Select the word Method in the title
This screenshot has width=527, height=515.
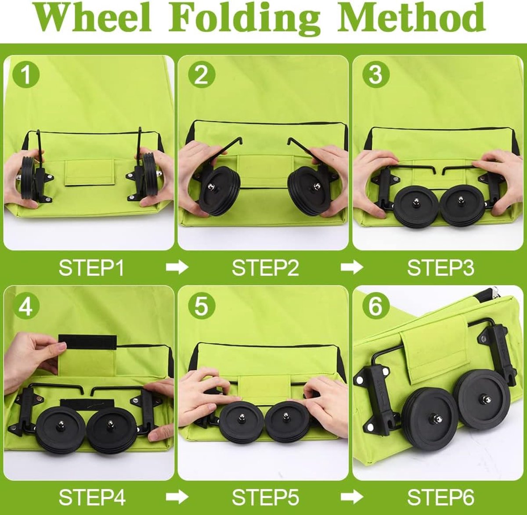[411, 17]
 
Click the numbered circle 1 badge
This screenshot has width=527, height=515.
[26, 75]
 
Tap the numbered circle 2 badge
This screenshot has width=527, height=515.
[202, 75]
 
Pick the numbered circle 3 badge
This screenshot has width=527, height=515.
[376, 75]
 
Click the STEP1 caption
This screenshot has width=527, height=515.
[91, 268]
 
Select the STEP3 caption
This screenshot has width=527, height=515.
[440, 268]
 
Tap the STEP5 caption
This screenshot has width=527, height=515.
[265, 497]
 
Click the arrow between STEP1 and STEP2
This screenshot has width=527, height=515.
[177, 268]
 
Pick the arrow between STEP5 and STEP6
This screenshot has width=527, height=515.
[352, 497]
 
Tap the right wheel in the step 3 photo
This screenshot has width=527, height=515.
[462, 205]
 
